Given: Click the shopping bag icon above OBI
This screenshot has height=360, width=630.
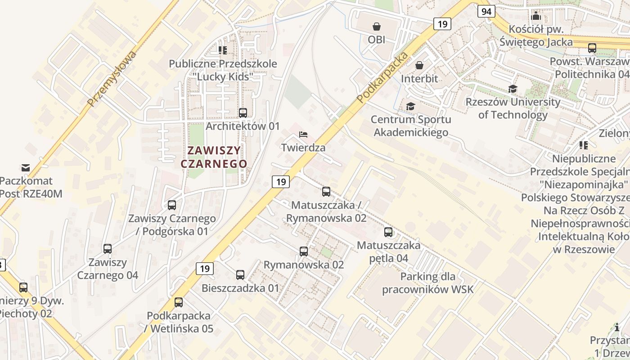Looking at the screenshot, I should pos(376,27).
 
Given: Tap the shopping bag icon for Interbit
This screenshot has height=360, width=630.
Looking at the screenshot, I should pos(419,65).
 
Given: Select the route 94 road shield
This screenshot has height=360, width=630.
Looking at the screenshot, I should pos(486,11).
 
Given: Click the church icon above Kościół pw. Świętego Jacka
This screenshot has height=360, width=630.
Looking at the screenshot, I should pos(536,16).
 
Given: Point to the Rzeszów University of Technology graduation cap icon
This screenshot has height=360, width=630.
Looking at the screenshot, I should pos(513,89).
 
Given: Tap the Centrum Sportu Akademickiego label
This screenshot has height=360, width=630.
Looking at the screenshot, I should pos(411,126).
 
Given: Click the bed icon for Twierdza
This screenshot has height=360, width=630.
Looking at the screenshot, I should pos(303,135).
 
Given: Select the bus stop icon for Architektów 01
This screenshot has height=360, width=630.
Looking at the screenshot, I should pos(243,113).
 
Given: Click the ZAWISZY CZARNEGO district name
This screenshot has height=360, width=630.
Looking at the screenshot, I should pos(214,157).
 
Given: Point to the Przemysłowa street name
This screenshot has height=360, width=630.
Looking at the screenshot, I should pos(112,79).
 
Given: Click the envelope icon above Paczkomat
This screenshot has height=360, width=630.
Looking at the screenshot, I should pos(26,168).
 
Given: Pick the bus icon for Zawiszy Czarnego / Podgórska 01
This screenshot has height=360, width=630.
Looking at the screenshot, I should pos(172,205).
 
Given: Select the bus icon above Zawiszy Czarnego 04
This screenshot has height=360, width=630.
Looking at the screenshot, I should pos(108,249).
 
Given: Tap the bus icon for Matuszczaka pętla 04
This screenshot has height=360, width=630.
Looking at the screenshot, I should pos(388,232).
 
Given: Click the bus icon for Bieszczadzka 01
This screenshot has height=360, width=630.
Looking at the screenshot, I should pos(240,274).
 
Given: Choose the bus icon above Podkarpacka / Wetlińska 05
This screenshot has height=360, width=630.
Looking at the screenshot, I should pos(179,302).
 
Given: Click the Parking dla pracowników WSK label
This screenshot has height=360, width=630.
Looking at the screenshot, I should pos(428,283).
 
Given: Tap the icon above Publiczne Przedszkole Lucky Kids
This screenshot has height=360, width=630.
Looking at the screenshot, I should pos(223,50).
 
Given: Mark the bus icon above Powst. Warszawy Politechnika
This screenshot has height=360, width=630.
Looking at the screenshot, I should pos(592,48).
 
